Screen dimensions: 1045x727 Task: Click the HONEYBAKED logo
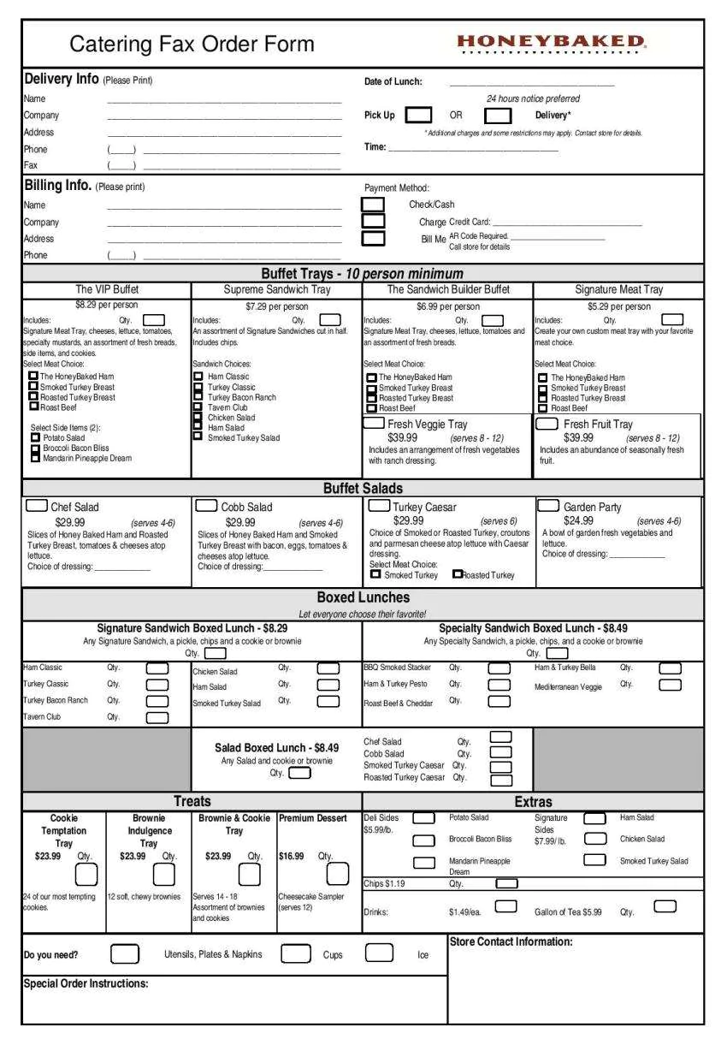click(551, 42)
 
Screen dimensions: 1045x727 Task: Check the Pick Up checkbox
click(418, 115)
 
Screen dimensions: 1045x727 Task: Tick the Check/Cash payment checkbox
click(373, 205)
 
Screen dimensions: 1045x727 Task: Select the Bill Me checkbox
click(373, 238)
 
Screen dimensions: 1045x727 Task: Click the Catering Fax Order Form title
click(192, 44)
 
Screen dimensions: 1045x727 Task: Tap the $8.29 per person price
click(106, 305)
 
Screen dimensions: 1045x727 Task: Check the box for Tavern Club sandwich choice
click(198, 407)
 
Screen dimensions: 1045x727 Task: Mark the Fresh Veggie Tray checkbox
click(375, 424)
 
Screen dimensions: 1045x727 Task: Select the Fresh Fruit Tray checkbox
click(547, 424)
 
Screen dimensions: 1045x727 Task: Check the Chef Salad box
click(37, 506)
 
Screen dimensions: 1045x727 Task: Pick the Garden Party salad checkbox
click(549, 506)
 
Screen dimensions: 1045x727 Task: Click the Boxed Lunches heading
click(363, 597)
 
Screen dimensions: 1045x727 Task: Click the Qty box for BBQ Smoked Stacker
click(499, 668)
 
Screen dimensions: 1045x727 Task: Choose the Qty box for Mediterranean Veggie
click(670, 685)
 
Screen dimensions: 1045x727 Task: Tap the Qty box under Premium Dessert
click(338, 874)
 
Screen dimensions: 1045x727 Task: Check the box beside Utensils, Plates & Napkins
click(125, 953)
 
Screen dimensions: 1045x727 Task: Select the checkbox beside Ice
click(379, 953)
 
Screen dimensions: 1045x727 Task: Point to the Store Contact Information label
click(511, 941)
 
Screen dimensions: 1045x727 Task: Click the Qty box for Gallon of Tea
click(665, 906)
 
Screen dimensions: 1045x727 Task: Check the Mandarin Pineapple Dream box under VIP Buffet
click(35, 458)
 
